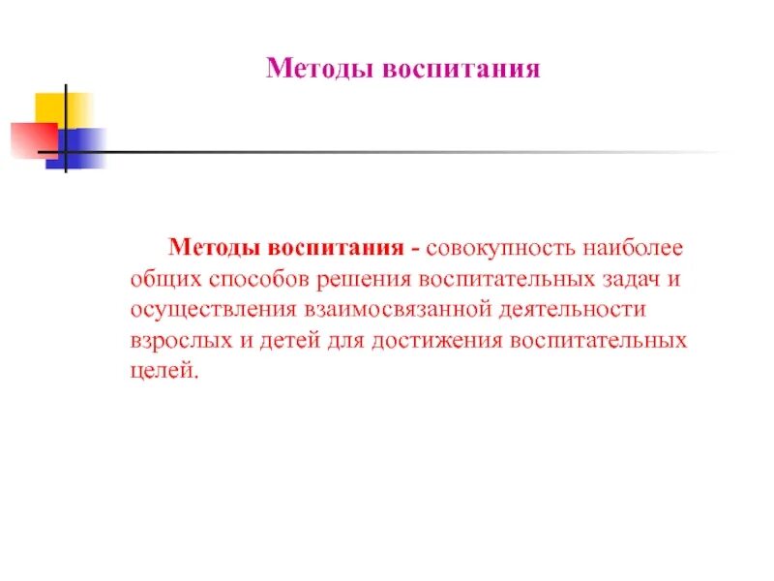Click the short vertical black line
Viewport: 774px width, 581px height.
click(x=65, y=129)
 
